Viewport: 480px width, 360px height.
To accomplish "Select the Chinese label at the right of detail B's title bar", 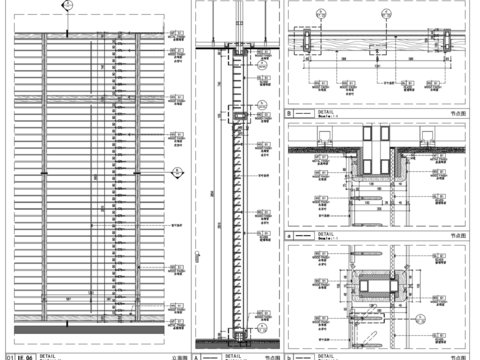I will tap(457, 115).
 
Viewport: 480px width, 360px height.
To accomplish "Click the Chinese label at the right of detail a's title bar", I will tap(457, 235).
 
